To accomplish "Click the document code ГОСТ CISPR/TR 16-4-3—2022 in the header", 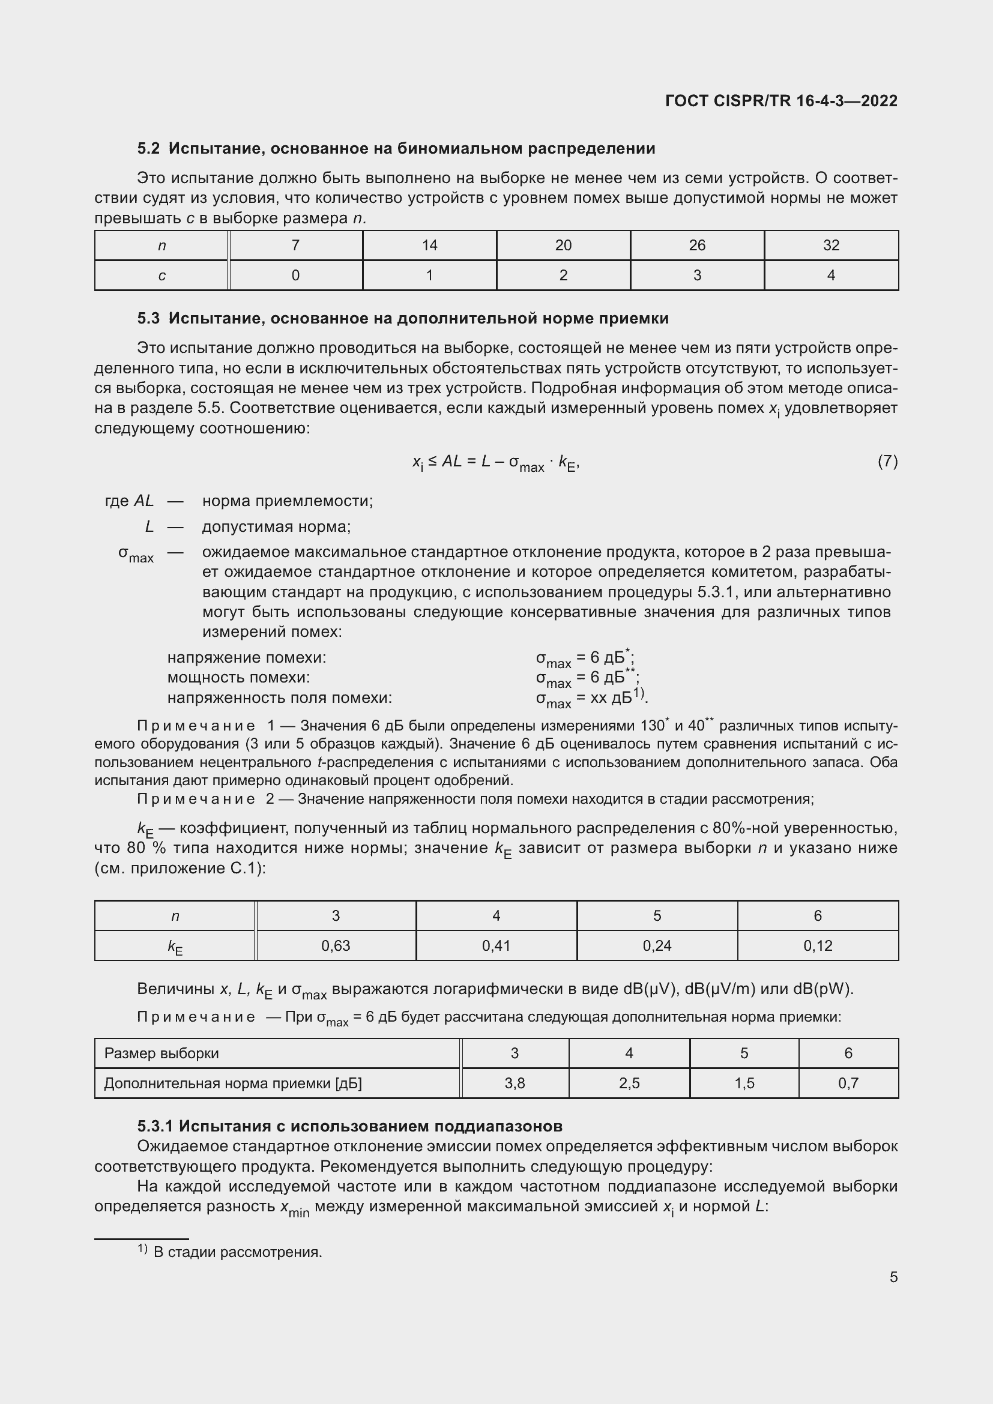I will [x=781, y=101].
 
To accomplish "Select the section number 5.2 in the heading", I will [x=148, y=149].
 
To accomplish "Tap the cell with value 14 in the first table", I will [x=429, y=246].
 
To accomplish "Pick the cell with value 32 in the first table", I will [x=830, y=246].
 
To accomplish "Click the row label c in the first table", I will [x=161, y=276].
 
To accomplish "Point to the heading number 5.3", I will [x=148, y=319].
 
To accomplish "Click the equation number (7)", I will [x=887, y=461].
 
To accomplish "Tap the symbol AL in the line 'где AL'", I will [x=143, y=501].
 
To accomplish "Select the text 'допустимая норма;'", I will [x=276, y=526].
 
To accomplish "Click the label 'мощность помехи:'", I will [x=238, y=678].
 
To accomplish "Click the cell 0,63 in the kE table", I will [x=336, y=946].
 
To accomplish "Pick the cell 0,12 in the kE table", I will [x=818, y=946].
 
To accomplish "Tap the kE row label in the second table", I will [x=175, y=947].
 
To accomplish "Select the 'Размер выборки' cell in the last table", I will [x=161, y=1053].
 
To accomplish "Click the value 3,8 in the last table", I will [x=515, y=1083].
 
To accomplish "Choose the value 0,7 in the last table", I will [x=848, y=1083].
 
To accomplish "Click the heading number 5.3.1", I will [x=155, y=1126].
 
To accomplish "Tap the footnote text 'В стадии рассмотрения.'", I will [x=237, y=1252].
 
